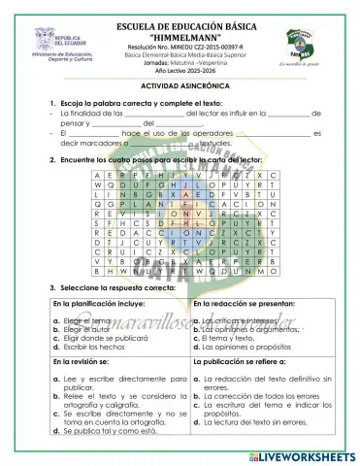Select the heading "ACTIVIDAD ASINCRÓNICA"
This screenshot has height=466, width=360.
coord(180,85)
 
